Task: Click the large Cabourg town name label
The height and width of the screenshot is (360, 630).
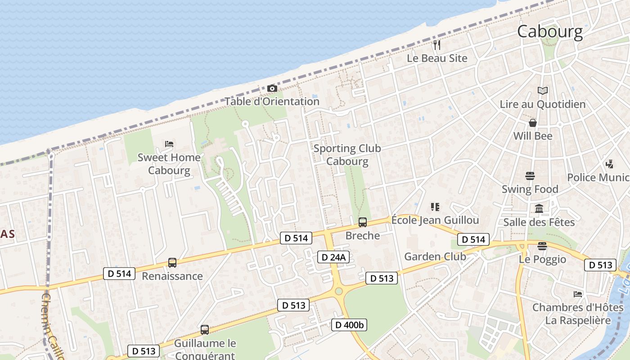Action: click(x=549, y=31)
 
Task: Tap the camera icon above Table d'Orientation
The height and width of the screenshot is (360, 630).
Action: click(x=272, y=88)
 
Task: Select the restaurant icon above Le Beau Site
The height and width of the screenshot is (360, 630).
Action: click(x=436, y=45)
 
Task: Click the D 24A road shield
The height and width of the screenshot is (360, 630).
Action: click(x=333, y=257)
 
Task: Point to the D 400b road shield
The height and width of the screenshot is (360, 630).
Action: click(x=349, y=324)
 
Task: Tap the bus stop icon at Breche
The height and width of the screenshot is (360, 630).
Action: click(x=362, y=222)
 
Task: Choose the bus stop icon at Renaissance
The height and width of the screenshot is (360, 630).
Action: click(x=172, y=263)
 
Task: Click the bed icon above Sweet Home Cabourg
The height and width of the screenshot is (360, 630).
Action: click(x=169, y=144)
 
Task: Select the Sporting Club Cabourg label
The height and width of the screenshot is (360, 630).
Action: click(x=347, y=155)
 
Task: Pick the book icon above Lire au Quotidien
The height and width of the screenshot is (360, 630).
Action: click(x=543, y=91)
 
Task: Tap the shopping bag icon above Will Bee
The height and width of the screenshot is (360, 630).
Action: click(x=533, y=123)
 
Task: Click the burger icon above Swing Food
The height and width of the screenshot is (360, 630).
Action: click(x=530, y=176)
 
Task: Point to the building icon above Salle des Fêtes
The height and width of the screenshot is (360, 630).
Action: click(x=539, y=209)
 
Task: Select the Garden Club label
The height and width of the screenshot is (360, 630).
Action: click(x=435, y=256)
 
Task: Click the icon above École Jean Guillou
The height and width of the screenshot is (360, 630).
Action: click(x=435, y=207)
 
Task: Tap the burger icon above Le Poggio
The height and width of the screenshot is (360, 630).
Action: click(x=542, y=246)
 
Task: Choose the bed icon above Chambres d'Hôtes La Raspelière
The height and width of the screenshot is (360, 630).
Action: click(x=578, y=294)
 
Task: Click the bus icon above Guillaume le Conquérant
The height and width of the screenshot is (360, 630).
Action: click(x=205, y=330)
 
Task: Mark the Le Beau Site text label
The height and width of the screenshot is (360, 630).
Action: click(x=437, y=58)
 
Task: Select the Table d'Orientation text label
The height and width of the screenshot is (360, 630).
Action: click(x=272, y=101)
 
